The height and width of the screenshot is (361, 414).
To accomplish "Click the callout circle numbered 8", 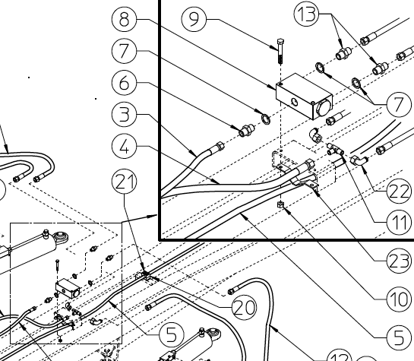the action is point(124,19).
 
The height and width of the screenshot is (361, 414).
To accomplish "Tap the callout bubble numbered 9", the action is point(194,19).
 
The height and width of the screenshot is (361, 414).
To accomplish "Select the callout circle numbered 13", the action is point(306,14).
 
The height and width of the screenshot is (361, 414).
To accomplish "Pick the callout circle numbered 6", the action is point(124,83).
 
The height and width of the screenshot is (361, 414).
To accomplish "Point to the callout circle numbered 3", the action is point(124,114).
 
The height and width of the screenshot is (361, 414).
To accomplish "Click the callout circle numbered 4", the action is point(124,146).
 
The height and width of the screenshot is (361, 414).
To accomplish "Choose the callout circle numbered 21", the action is point(124,182).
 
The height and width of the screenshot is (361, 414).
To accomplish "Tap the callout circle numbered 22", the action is point(399,191).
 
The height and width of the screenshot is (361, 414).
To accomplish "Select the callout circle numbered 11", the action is point(399,223).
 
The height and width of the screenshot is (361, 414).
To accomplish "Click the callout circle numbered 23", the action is point(399,261).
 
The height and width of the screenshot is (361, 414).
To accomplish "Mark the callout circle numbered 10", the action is point(399,299).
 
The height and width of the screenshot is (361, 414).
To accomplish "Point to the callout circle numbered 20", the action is point(245,307).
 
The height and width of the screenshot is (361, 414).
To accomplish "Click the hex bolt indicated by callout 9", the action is point(280,52).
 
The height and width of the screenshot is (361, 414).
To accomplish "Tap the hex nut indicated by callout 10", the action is point(280,204).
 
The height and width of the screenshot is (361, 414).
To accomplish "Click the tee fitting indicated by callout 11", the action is point(335,150).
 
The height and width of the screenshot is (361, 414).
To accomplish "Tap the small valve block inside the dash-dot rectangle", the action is point(68,288).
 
